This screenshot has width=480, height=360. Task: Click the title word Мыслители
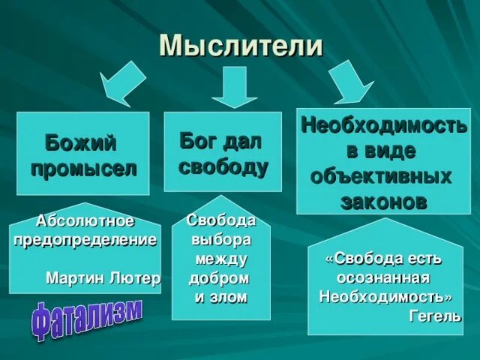[x=241, y=46]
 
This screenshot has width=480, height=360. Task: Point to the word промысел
[x=83, y=168]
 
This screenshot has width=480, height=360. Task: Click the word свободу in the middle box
[x=223, y=166]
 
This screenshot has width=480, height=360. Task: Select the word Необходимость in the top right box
[x=383, y=124]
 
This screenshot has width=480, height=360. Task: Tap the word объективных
[x=382, y=177]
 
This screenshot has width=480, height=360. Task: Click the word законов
[x=383, y=202]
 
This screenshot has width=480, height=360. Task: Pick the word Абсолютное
[x=85, y=221]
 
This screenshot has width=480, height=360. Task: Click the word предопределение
[x=85, y=240]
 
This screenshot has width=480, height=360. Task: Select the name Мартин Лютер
[x=103, y=278]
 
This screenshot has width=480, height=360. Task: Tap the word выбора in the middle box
[x=221, y=240]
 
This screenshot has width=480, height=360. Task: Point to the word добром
[x=219, y=278]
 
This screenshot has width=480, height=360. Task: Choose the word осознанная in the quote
[x=383, y=277]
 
